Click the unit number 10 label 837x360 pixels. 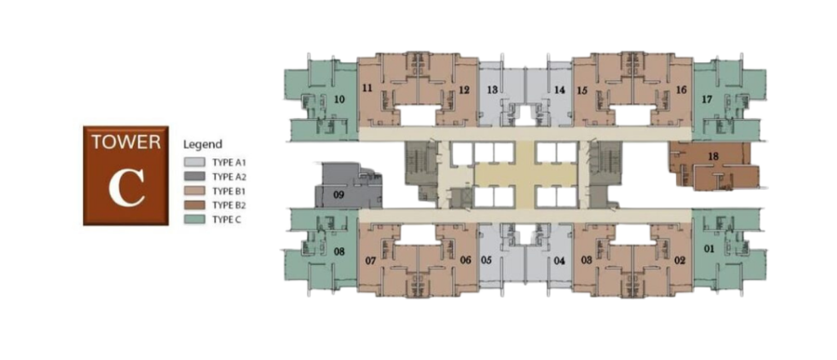pos(339,99)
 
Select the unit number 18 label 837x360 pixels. pos(713,156)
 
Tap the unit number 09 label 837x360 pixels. pos(339,194)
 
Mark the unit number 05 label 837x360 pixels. pos(485,260)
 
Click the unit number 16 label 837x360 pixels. pos(681,89)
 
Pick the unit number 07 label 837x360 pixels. pos(369,261)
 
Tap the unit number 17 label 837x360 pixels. pos(708,99)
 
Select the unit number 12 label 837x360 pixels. pos(464,89)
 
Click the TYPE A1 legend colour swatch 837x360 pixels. pos(194,162)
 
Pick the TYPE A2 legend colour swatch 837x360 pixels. pos(194,176)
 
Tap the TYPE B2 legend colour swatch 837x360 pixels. pos(194,205)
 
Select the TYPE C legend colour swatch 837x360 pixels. pos(194,220)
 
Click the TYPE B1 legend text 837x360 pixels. pos(229,191)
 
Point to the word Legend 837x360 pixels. pos(203,145)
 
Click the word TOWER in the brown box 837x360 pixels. pos(126,142)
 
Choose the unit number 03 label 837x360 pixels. pos(587,260)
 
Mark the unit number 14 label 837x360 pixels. pos(560,89)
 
